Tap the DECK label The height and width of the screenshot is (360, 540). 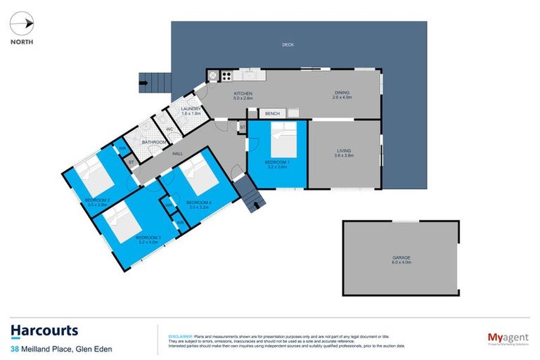point(287,44)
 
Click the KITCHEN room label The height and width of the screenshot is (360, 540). point(243,94)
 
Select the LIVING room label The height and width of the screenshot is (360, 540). point(345,150)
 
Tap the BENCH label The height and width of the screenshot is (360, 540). point(273,113)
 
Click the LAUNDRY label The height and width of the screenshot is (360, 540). point(191,109)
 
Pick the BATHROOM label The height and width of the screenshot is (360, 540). point(155,142)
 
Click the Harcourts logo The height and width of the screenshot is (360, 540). point(45,331)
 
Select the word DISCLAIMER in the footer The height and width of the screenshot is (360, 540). point(181,337)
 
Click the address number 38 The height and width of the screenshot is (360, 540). point(15,349)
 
